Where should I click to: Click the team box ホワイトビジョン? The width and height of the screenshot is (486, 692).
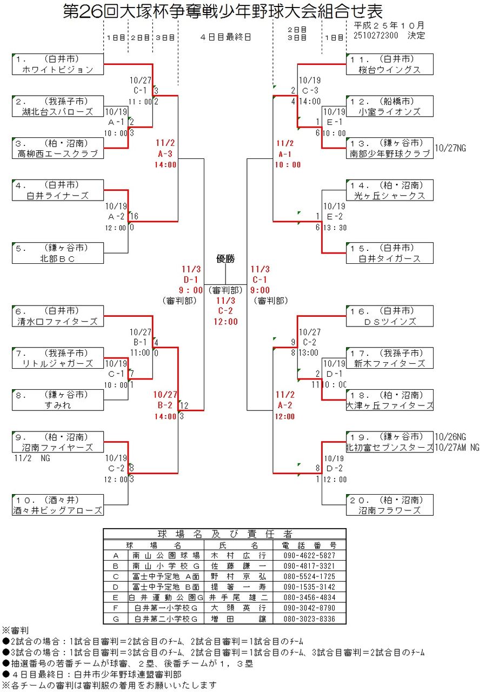(x=57, y=64)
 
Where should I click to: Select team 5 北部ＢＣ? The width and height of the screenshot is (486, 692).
(x=57, y=252)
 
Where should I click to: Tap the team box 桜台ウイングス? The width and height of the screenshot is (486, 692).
(x=389, y=64)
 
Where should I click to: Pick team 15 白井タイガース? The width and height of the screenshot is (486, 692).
(x=389, y=252)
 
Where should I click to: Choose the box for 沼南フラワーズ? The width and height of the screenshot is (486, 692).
(x=389, y=504)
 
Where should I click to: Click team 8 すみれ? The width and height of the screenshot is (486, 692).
(x=57, y=400)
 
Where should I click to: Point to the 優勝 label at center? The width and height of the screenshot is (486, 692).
(x=225, y=258)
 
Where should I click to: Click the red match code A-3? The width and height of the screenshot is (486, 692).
(x=166, y=154)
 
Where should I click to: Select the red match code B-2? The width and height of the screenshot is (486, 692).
(x=166, y=405)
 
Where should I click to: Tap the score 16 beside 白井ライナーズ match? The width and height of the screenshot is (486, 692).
(x=134, y=216)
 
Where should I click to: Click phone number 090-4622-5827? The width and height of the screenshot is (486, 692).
(x=309, y=555)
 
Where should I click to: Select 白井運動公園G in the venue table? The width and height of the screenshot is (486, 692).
(x=165, y=597)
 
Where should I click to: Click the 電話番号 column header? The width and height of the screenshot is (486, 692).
(x=309, y=545)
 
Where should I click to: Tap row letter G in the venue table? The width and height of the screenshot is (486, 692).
(x=116, y=618)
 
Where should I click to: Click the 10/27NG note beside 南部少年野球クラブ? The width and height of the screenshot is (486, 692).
(x=450, y=148)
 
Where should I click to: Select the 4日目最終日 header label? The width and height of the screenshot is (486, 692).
(x=225, y=37)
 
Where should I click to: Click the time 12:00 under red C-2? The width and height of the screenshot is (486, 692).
(x=225, y=322)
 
